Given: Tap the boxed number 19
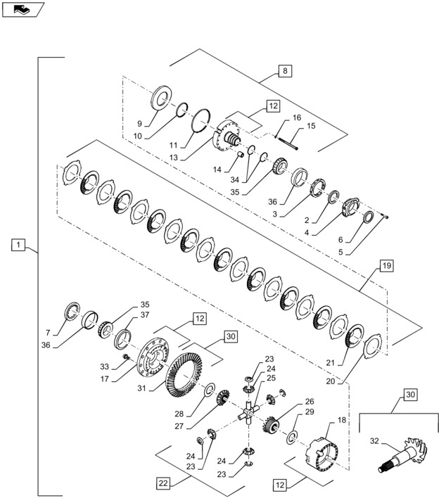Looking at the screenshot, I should coord(387,266).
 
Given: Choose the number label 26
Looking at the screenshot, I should coord(309,402).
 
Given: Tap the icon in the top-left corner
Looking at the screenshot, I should coord(24,9).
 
